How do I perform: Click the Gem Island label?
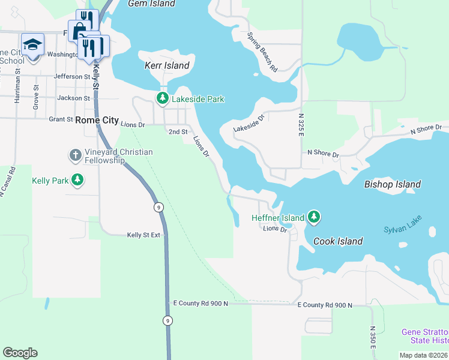[152, 4]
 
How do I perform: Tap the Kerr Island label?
[167, 65]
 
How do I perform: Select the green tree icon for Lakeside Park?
[162, 98]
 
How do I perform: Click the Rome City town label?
[97, 120]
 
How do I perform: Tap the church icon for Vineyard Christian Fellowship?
[75, 155]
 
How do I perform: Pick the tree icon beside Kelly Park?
[77, 179]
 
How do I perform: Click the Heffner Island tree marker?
[313, 217]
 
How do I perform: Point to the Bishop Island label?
[393, 184]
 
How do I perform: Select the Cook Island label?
[338, 241]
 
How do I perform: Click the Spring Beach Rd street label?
[262, 52]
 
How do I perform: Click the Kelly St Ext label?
[143, 235]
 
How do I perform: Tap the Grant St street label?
[61, 119]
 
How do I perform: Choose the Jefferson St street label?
[71, 76]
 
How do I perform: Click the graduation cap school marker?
[32, 44]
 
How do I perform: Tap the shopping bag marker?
[79, 31]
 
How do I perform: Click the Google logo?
[20, 353]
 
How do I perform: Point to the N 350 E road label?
[373, 338]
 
